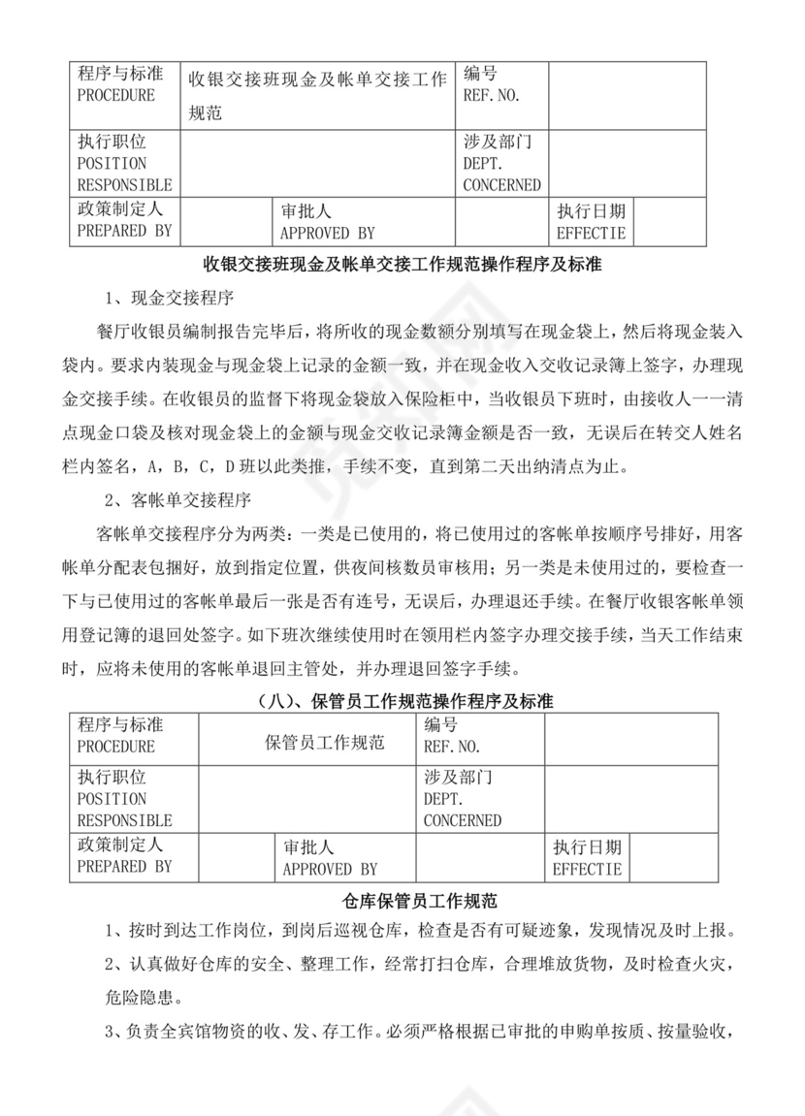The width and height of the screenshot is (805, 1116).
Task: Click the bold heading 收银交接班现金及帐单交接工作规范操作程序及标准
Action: coord(402,263)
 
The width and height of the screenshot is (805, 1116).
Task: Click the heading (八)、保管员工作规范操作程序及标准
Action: coord(402,700)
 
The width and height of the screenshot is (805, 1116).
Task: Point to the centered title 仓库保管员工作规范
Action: coord(402,900)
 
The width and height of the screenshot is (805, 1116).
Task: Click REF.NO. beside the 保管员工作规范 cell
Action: coord(452,747)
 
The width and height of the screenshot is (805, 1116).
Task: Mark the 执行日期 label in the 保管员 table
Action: coord(587,847)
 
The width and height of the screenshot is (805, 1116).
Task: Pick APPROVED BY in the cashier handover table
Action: coord(327,234)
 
